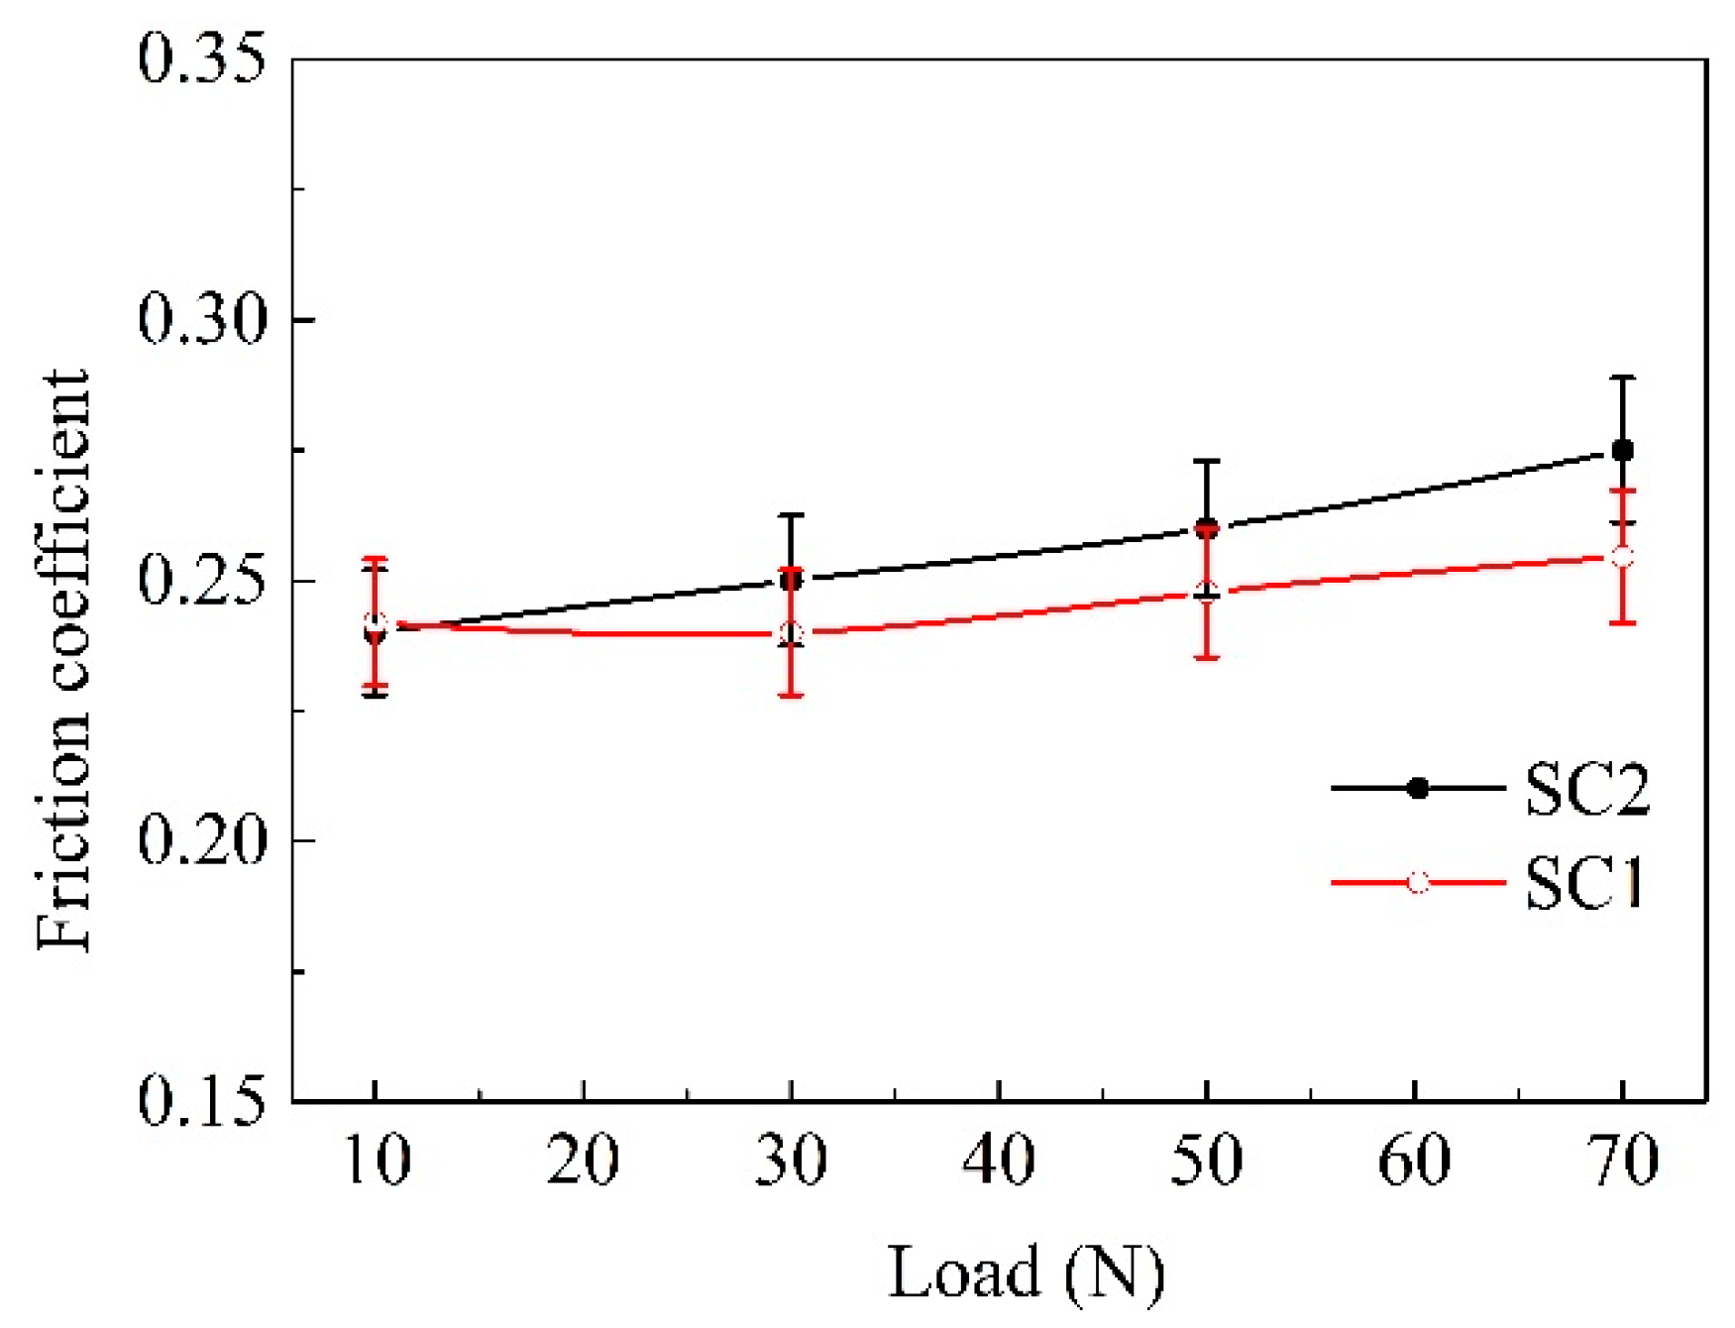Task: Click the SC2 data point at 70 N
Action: click(1622, 451)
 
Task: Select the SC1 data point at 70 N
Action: click(1622, 557)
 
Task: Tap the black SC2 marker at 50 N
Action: click(1206, 528)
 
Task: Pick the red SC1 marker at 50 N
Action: click(1206, 592)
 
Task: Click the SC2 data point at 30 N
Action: click(791, 581)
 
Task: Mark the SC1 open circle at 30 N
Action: click(791, 633)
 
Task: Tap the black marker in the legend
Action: click(1418, 789)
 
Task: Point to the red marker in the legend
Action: click(1418, 882)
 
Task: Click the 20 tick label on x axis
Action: click(583, 1160)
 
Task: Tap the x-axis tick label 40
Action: click(999, 1160)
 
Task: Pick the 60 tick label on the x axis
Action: click(1414, 1160)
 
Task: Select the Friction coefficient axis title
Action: click(61, 659)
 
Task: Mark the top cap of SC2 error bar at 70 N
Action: click(1622, 378)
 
